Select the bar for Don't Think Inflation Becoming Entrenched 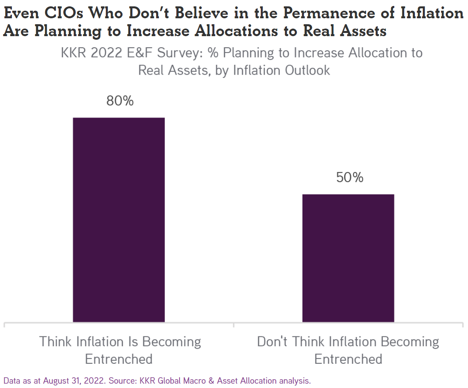tap(348, 258)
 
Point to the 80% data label tap(120, 101)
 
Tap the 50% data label tap(350, 178)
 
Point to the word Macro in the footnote tap(193, 380)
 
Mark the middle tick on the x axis tap(233, 325)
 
